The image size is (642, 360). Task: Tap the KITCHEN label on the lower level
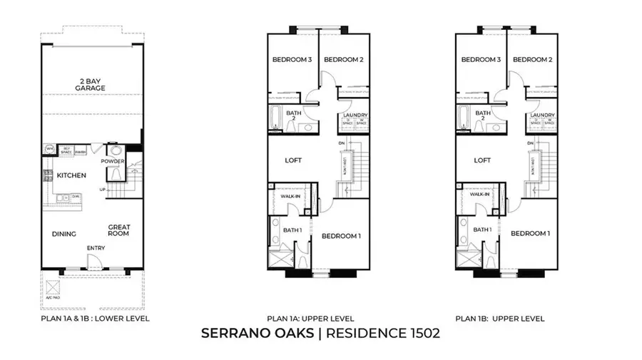pos(71,175)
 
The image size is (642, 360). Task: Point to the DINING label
pos(63,233)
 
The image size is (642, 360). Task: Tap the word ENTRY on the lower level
pos(96,248)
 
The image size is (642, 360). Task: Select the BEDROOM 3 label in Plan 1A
pos(292,60)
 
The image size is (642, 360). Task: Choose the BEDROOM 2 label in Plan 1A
pos(344,60)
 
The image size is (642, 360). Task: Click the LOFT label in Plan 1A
pos(293,160)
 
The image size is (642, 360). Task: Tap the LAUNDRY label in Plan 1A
pos(355,115)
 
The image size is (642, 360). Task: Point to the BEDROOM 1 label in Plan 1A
pos(341,234)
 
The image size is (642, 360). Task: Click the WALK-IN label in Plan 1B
pos(479,195)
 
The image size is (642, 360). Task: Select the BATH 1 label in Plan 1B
pos(482,230)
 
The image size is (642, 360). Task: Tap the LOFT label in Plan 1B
pos(483,160)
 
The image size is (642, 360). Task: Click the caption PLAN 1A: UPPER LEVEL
pos(310,319)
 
